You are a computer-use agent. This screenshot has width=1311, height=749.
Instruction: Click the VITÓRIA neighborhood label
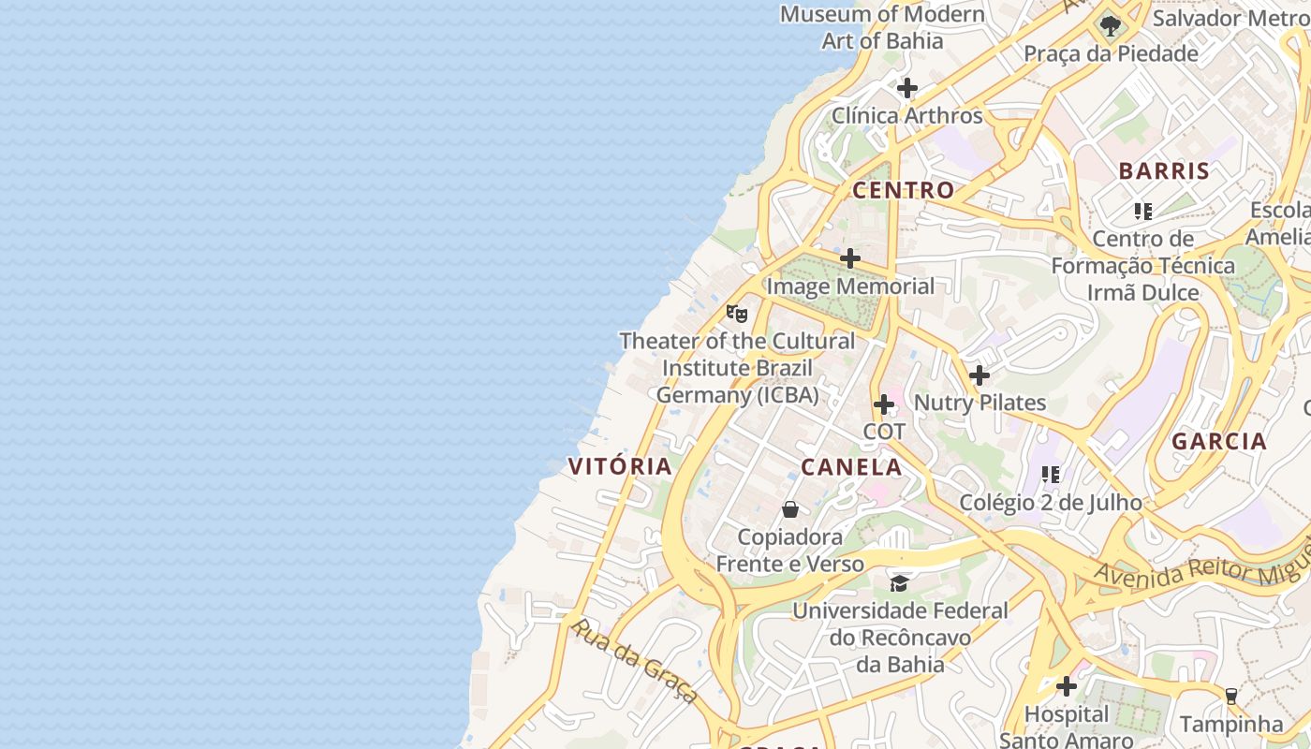(x=620, y=466)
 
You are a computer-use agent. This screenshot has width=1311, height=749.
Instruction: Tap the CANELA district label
(x=851, y=467)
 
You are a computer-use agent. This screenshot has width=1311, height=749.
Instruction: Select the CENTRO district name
(x=903, y=190)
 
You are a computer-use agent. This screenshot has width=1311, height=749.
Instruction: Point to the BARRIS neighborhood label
(x=1164, y=171)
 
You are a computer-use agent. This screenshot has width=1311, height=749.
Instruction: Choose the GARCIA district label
(x=1218, y=441)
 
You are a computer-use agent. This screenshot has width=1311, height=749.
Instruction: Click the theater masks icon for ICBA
(x=737, y=314)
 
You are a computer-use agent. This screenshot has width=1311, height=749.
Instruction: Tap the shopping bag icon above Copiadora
(x=790, y=509)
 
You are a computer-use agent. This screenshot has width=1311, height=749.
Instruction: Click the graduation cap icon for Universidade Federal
(x=899, y=583)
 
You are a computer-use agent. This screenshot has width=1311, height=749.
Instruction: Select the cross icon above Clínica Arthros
(x=906, y=88)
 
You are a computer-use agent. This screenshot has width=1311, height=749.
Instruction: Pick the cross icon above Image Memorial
(x=849, y=257)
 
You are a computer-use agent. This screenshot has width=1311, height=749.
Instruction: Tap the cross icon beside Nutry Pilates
(x=979, y=375)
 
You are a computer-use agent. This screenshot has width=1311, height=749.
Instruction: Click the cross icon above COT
(x=883, y=404)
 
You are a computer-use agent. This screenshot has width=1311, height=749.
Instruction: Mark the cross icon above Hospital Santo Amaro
(x=1066, y=686)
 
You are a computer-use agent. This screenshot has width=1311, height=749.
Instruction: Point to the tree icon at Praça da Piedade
(x=1110, y=25)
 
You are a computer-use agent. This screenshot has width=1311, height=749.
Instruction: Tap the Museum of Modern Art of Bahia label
(x=881, y=27)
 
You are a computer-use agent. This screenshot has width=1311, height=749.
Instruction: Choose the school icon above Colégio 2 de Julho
(x=1051, y=475)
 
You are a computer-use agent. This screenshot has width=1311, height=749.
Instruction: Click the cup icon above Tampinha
(x=1230, y=696)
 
